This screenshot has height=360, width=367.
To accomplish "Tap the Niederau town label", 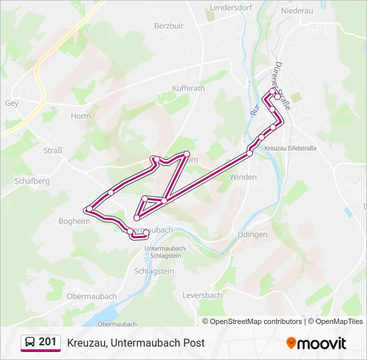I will [x=297, y=11].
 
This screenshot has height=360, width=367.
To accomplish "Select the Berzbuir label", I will [x=168, y=26].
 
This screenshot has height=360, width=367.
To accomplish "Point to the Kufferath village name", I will [x=189, y=88].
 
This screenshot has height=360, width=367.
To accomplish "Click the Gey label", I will [x=11, y=103].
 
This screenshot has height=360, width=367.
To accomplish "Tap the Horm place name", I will [x=81, y=116].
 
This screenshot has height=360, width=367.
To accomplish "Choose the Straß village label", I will [x=53, y=151].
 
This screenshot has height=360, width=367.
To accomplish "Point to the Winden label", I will [x=243, y=177].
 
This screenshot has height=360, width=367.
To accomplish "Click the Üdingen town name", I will [x=252, y=235].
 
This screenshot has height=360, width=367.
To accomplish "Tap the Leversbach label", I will [x=202, y=295].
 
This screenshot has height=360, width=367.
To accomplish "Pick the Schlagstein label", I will [x=154, y=271].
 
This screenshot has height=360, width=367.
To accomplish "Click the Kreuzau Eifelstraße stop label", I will [x=290, y=149].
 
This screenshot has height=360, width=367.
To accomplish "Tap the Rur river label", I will [x=254, y=109].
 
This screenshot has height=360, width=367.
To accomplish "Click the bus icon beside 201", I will [x=30, y=343].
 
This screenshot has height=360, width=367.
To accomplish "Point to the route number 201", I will [x=47, y=342].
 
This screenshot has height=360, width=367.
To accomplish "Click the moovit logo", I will [x=316, y=343].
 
